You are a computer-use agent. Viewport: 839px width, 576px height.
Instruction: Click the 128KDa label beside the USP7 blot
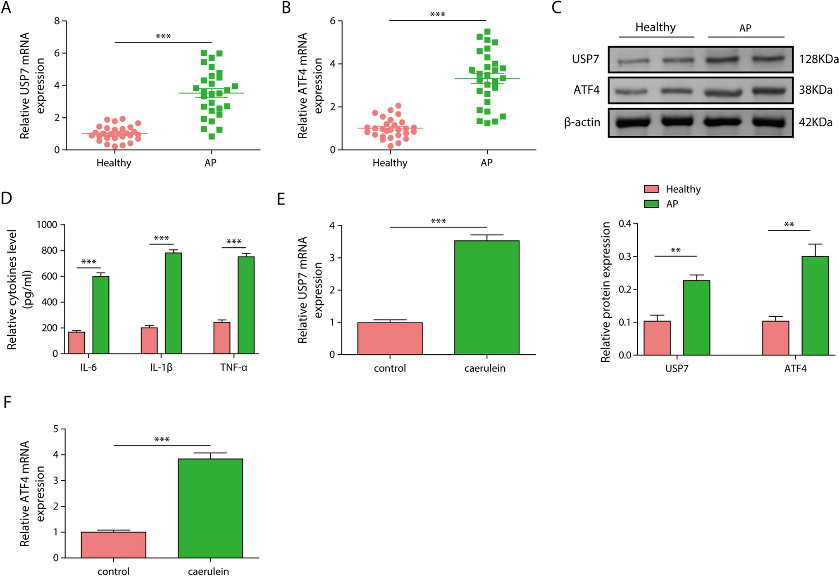click(818, 59)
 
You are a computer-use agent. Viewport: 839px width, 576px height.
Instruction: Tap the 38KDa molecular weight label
click(815, 90)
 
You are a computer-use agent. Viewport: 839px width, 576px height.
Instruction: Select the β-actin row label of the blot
click(582, 122)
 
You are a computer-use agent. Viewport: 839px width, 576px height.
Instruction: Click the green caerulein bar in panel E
click(486, 297)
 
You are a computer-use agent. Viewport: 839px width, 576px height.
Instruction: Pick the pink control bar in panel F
click(114, 545)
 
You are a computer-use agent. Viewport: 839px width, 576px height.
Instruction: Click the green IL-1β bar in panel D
click(173, 303)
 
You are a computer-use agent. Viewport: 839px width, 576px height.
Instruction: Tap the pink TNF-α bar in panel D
click(222, 338)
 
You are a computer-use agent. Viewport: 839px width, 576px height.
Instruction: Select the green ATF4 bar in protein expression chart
click(815, 306)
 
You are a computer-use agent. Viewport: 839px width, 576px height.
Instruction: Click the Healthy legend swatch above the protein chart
click(651, 189)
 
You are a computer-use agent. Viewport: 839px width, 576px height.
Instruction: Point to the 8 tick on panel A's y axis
click(57, 21)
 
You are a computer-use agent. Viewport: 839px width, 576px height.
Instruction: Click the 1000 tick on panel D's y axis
click(47, 225)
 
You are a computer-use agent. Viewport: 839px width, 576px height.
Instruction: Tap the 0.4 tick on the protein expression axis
click(624, 224)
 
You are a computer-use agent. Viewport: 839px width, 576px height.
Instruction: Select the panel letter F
click(7, 402)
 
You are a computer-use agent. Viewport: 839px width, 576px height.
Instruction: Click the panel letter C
click(557, 7)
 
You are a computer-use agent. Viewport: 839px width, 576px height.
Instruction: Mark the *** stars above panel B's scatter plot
click(437, 15)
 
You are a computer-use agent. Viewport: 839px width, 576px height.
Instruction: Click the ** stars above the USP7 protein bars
click(675, 251)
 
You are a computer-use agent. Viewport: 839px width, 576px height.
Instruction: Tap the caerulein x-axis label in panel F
click(208, 571)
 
